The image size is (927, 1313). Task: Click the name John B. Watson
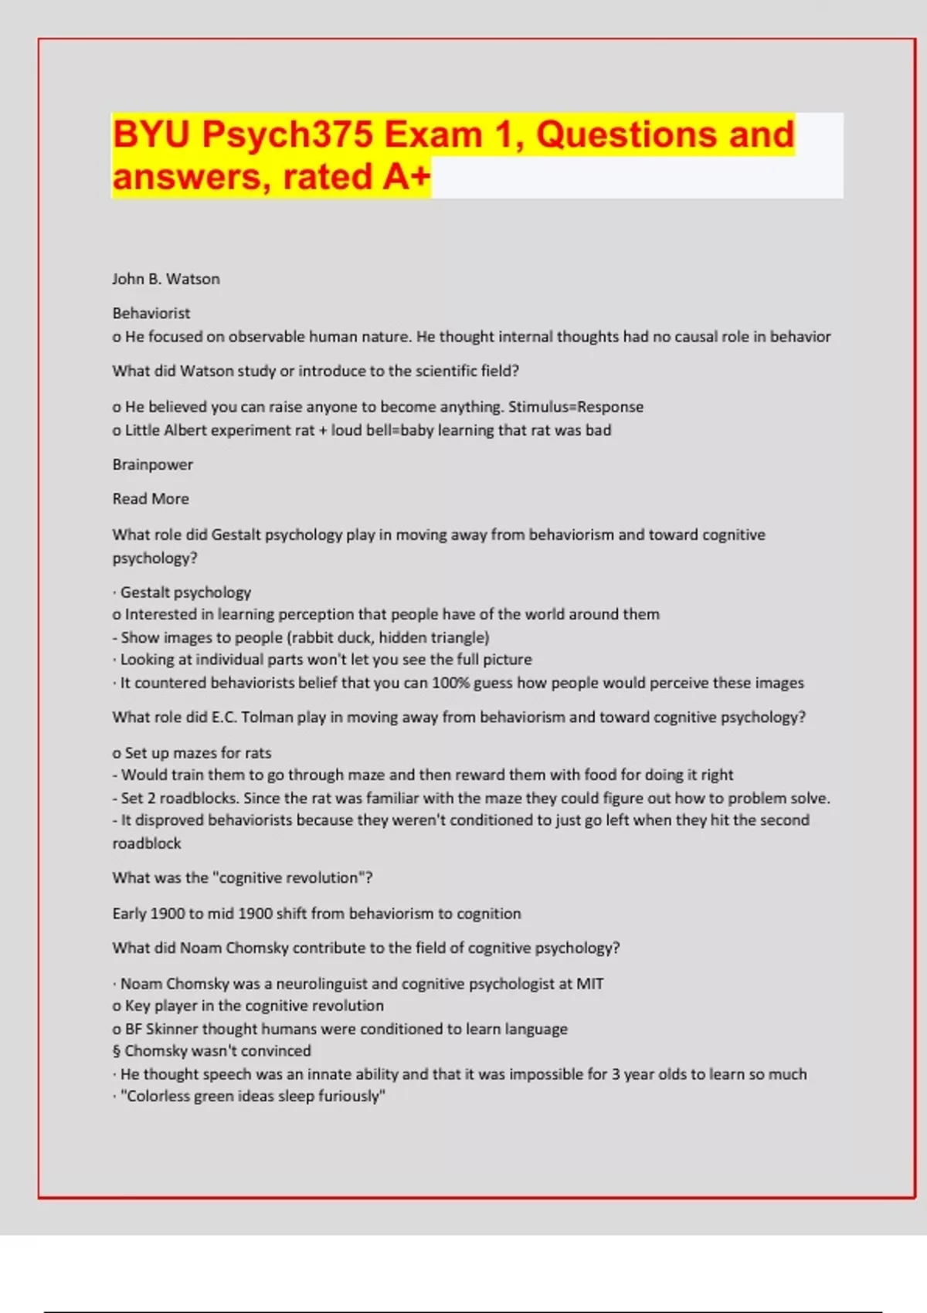pos(166,279)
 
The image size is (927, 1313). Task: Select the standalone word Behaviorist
pos(151,313)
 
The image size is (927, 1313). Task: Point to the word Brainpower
pos(153,464)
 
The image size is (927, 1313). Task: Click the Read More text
pos(151,499)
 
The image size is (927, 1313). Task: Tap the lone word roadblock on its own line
pos(147,843)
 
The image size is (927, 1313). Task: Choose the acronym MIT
pos(589,984)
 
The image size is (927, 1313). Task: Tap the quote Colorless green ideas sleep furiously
pos(253,1096)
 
